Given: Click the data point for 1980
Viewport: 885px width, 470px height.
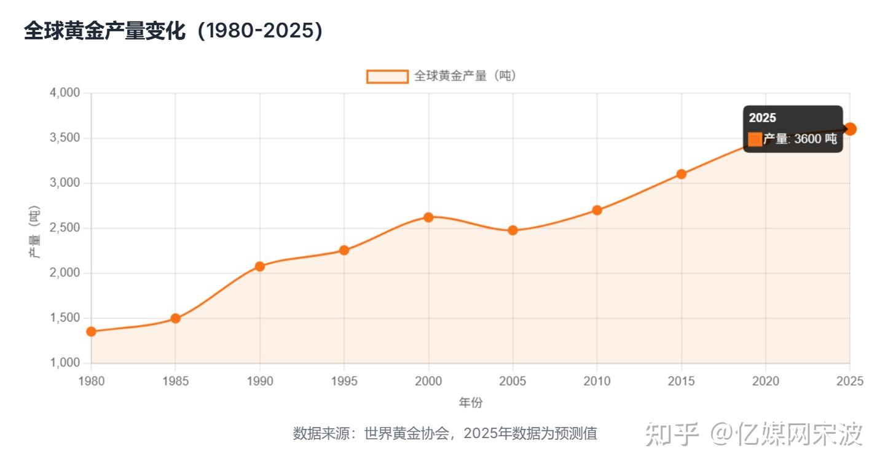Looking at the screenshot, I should coord(91,332).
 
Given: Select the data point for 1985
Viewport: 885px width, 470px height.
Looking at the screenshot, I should coord(175,318).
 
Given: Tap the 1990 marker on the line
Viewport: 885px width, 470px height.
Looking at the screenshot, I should coord(259,266).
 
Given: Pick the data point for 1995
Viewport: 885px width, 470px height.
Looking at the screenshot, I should coord(344,250).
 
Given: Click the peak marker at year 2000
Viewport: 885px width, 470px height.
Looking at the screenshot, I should coord(428,217).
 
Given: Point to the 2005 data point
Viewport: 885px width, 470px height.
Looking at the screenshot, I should coord(513,230).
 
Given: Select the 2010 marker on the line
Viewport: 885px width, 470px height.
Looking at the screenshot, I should coord(597,210).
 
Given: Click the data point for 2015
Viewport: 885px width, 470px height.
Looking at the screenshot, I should coord(681,174).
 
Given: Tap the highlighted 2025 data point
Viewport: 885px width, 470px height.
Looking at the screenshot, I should coord(851,129).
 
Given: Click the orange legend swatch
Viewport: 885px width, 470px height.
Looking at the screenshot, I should coord(387,76).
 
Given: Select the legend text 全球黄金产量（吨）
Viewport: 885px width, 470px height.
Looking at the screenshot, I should coord(465,76).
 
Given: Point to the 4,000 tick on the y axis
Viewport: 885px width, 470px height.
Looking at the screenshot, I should coord(64,93).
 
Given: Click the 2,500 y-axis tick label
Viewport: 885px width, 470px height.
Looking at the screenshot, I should coord(64,228).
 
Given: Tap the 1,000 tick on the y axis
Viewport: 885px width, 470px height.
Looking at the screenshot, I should coord(64,363).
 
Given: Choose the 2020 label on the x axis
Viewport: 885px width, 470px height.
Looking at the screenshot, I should coord(765,382).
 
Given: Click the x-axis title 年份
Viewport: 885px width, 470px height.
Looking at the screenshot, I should coord(470,403).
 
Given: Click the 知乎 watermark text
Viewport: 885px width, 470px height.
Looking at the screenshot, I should coord(672,434).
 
